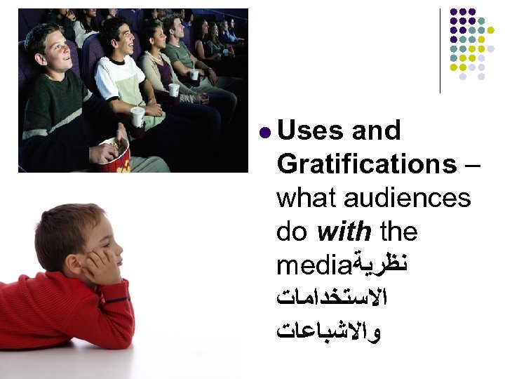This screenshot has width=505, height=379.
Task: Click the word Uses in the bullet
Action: click(310, 131)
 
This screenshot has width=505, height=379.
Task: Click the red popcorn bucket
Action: click(114, 156)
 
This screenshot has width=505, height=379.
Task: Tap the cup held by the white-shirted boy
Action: click(137, 116)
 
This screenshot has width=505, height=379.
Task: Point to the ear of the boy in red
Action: click(70, 243)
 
